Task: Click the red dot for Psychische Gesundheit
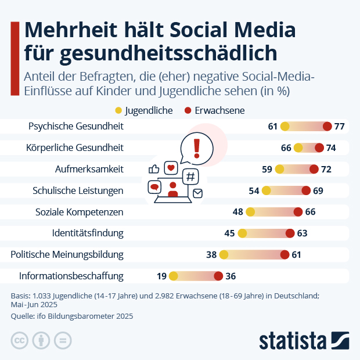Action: point(327,127)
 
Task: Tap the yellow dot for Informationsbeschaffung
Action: point(173,276)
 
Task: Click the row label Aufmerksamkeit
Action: point(94,169)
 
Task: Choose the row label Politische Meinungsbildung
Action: point(67,254)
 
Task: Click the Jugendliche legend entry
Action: point(144,110)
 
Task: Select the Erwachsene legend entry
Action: point(214,110)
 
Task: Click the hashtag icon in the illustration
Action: point(190,176)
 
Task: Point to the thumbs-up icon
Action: point(154,169)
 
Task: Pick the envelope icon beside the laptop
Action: point(197,193)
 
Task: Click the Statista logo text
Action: point(292,340)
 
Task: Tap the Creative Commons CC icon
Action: point(20,340)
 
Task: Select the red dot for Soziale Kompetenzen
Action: point(298,212)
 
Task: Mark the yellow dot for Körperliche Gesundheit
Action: point(298,148)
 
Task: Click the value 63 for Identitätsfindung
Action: point(303,233)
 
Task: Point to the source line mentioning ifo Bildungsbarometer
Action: point(72,316)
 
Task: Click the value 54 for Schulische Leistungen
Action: point(254,190)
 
